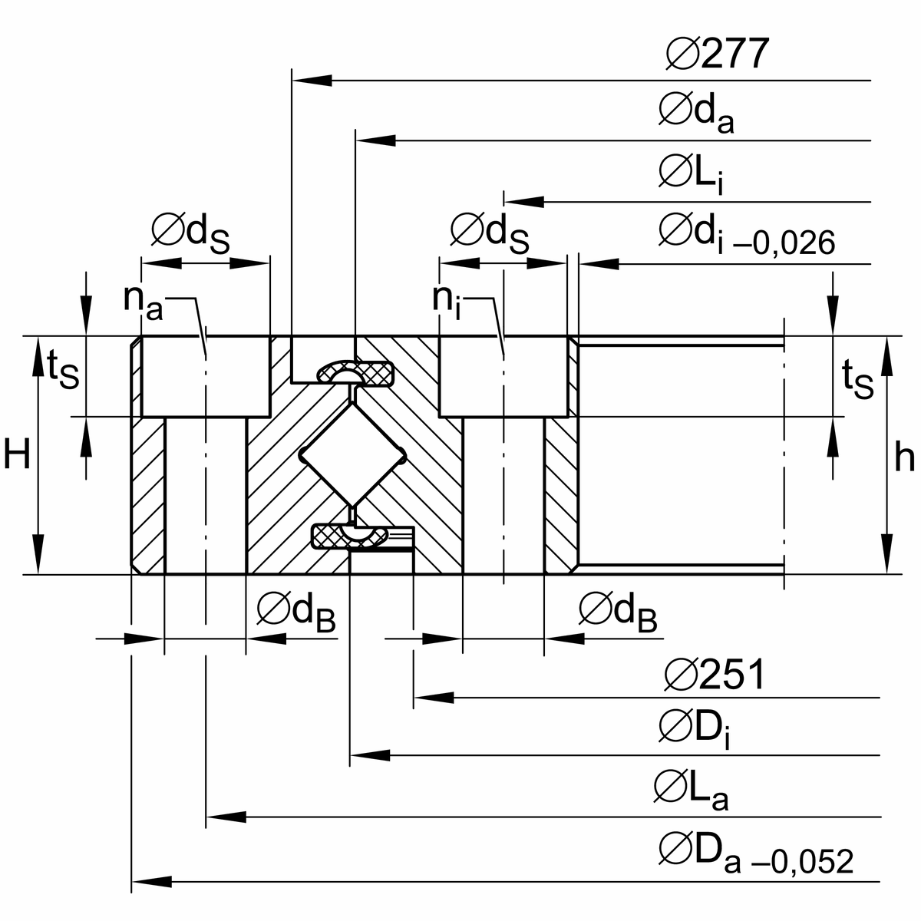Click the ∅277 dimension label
coord(717,54)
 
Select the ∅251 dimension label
coord(715,675)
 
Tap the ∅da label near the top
coord(695,114)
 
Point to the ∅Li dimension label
coord(690,174)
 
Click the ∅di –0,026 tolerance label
coord(745,235)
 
